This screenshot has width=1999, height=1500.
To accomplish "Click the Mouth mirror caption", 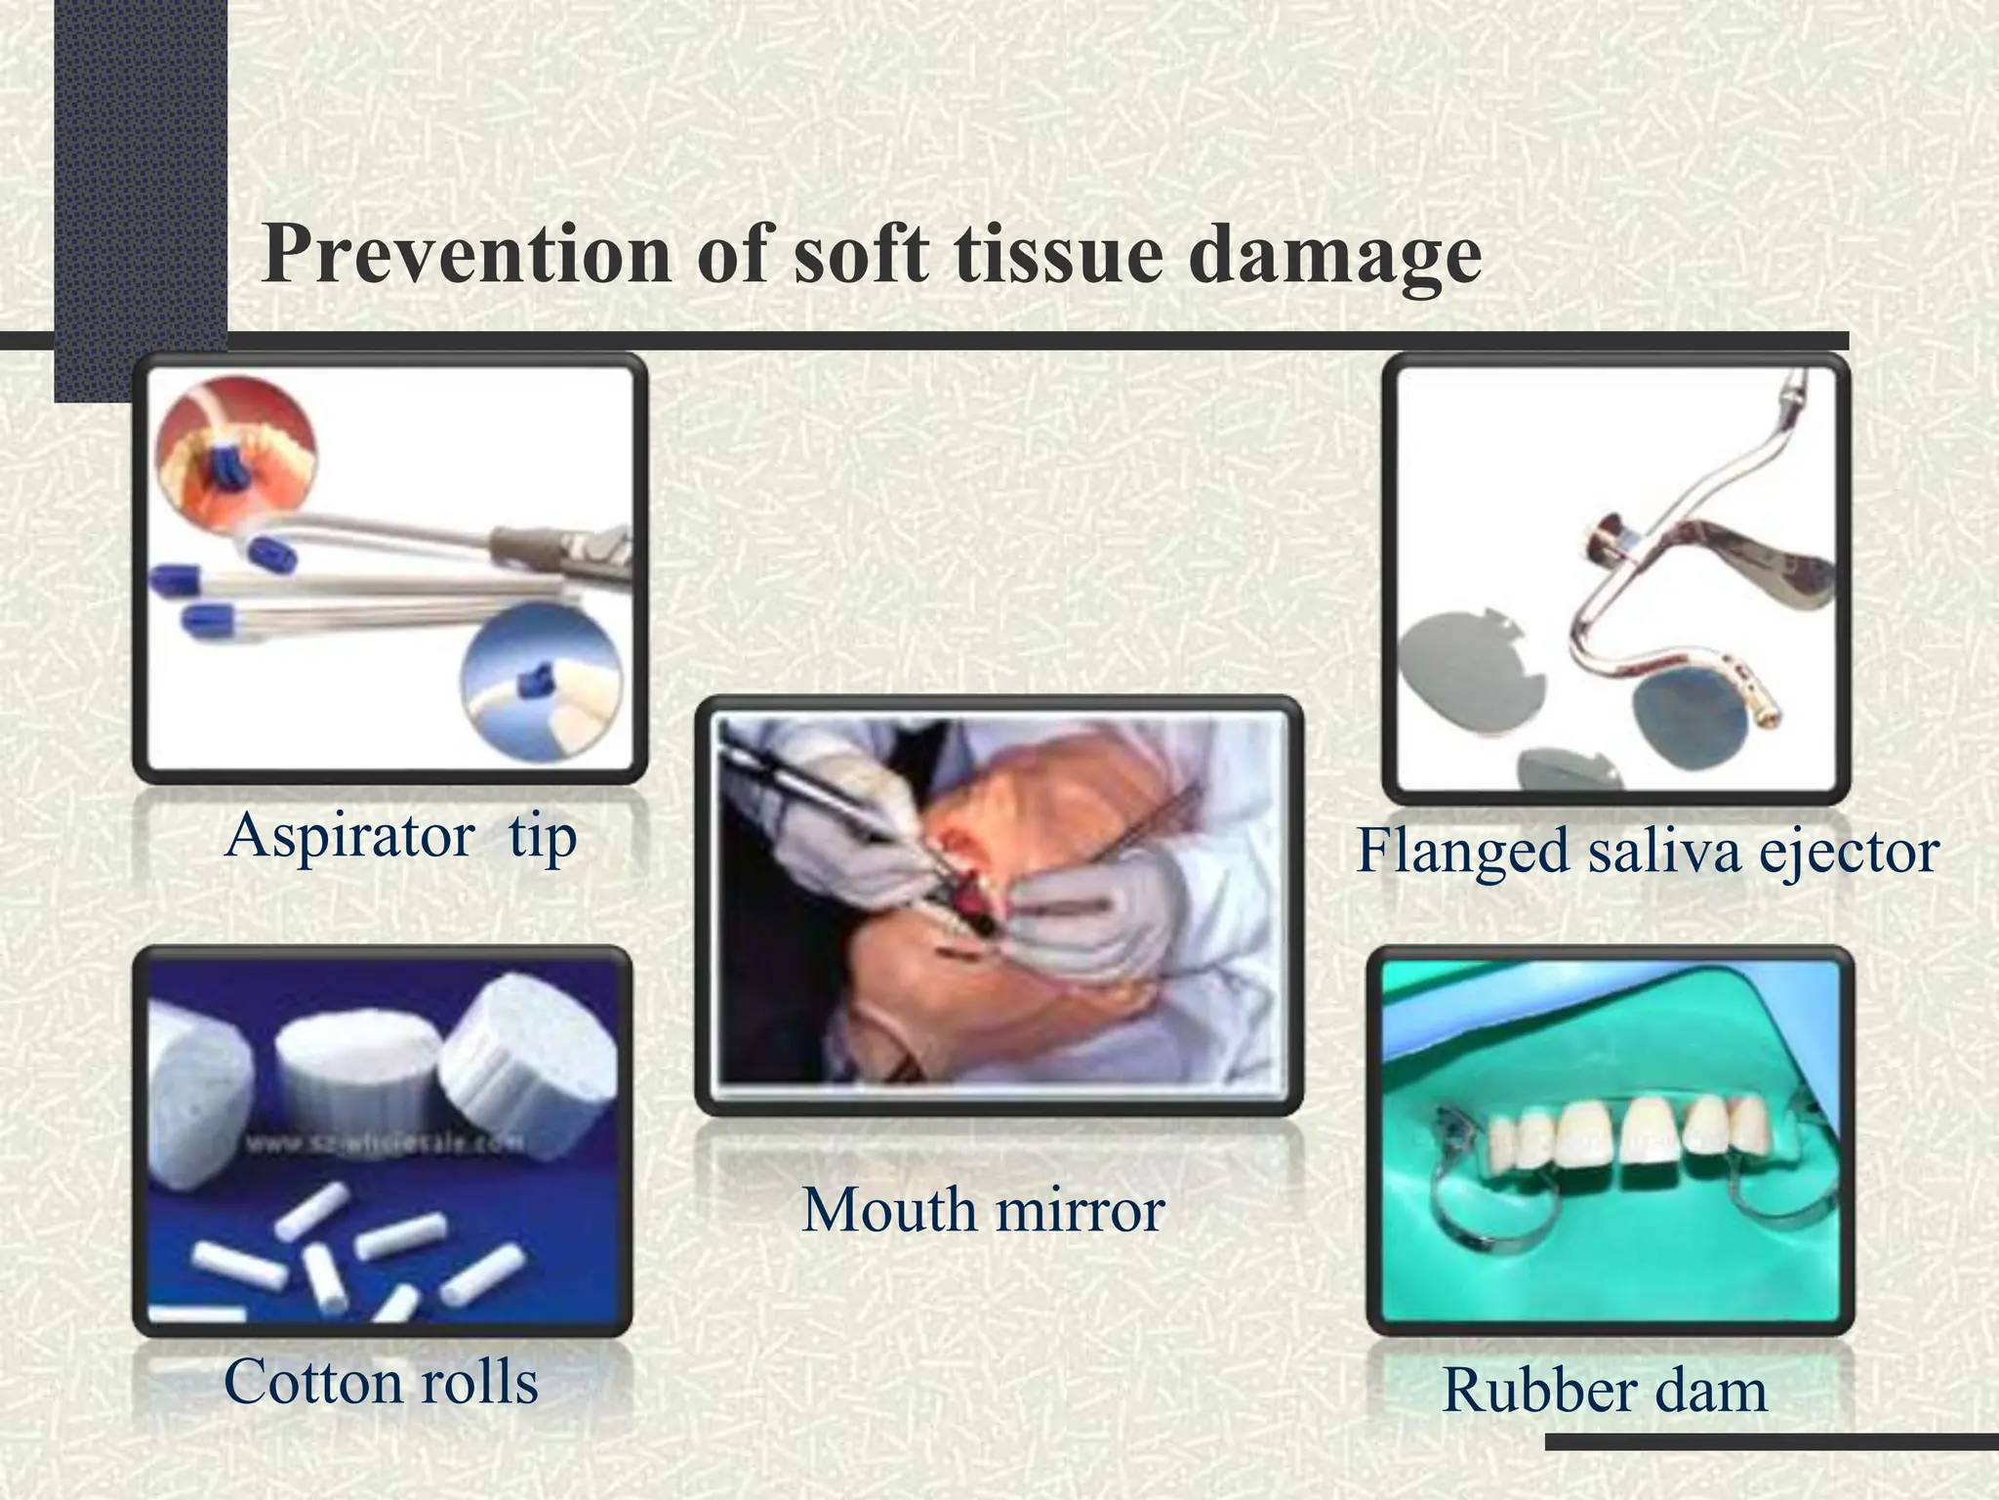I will [983, 1211].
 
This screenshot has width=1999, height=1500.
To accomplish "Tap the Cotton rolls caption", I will [381, 1383].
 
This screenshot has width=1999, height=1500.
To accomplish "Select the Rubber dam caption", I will [1604, 1391].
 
